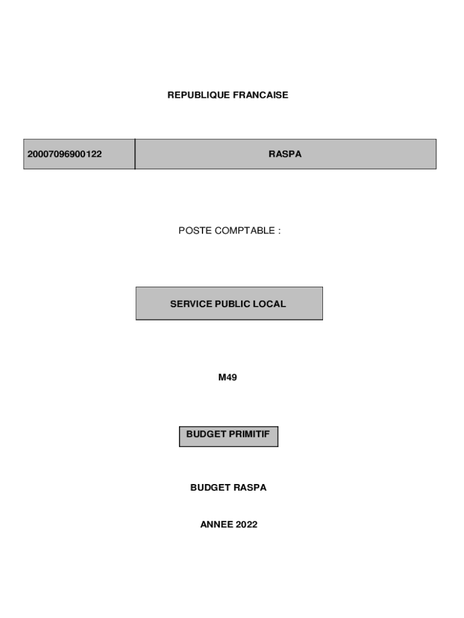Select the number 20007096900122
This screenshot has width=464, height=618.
64,154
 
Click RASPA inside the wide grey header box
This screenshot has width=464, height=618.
285,154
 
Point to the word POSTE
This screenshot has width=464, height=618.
192,231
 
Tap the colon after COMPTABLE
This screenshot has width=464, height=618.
279,231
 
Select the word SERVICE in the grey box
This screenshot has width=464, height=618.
191,304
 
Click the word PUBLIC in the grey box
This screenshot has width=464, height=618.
235,304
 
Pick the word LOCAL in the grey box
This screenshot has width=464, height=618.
272,304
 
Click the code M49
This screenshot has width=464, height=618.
228,378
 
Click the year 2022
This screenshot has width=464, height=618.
246,525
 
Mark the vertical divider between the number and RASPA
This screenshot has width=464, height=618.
135,154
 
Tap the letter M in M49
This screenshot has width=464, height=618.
222,378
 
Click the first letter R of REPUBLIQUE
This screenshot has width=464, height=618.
171,95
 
